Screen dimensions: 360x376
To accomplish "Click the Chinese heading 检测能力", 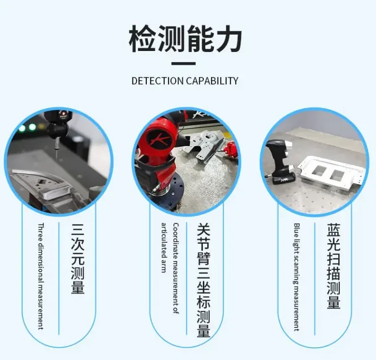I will click(185, 40).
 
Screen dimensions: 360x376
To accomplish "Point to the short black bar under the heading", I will click(183, 64).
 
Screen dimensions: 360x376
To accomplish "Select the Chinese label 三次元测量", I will click(77, 258).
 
